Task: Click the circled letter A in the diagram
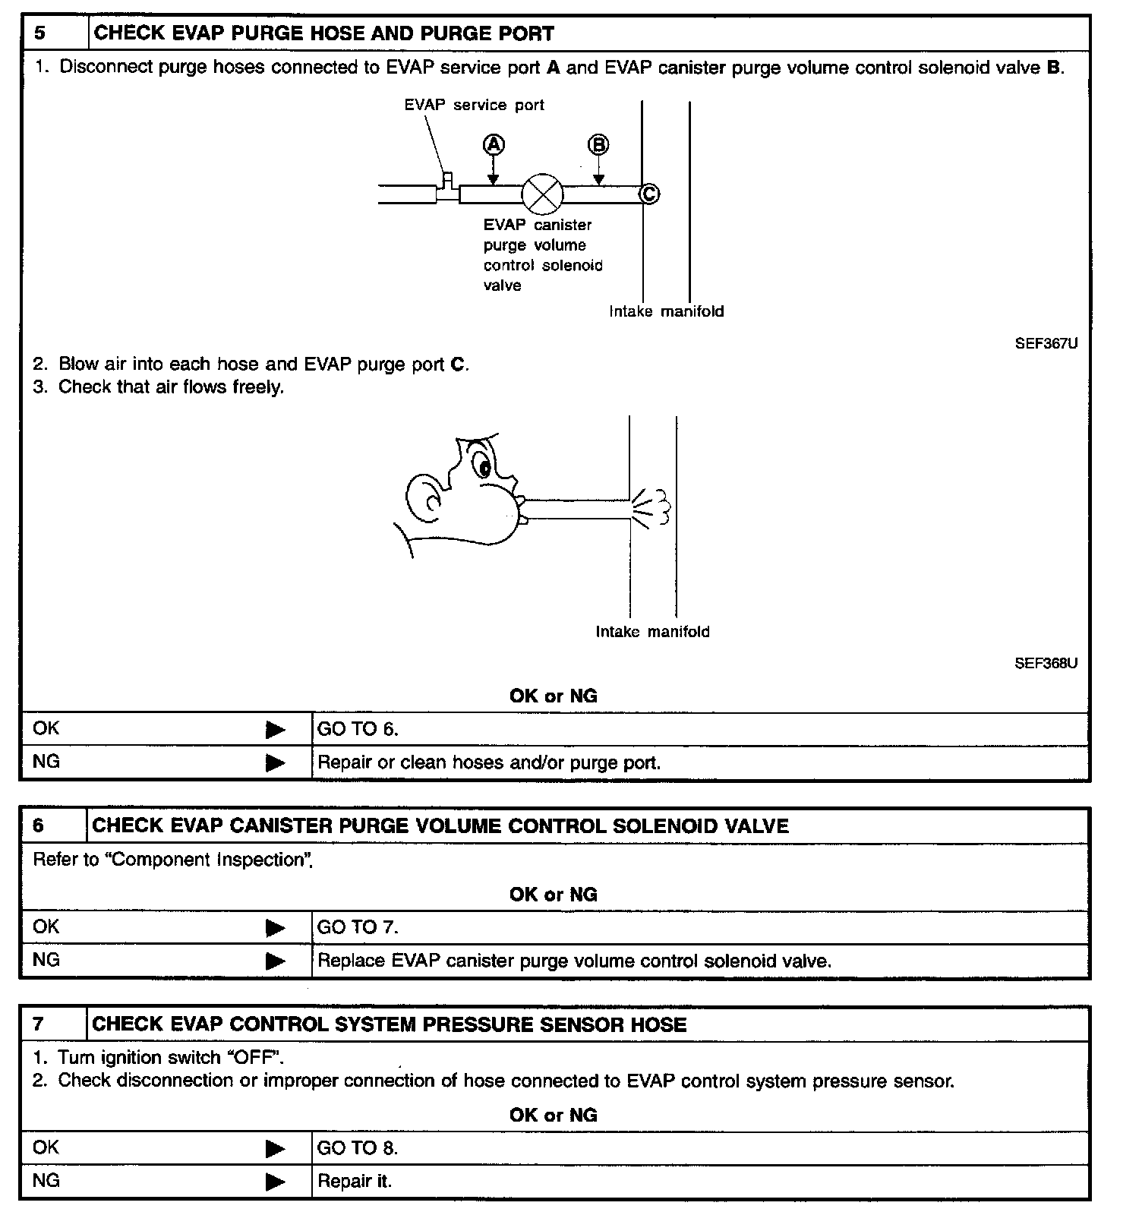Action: coord(494,144)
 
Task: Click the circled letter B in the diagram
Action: coord(598,144)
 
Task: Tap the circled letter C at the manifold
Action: coord(650,194)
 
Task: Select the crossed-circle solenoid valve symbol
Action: coord(542,194)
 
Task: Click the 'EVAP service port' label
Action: coord(474,106)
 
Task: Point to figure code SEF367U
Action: coord(1046,343)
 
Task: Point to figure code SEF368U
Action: coord(1046,663)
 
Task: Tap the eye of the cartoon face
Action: coord(483,465)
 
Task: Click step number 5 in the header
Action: coord(40,34)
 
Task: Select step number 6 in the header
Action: coord(39,826)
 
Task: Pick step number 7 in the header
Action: coord(39,1024)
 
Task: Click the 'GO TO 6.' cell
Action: coord(358,730)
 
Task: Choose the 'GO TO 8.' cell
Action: coord(358,1148)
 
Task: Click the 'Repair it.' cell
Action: coord(355,1182)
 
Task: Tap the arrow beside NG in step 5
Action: coord(275,762)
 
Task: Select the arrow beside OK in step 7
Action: coord(275,1149)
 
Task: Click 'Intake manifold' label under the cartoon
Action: coord(652,632)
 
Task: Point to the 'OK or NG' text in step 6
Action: coord(553,895)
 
